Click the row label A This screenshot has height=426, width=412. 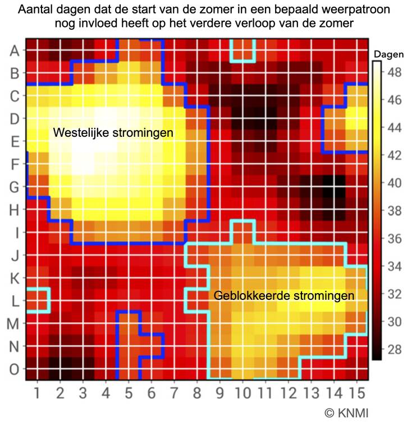(x=15, y=50)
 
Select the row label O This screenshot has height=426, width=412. (x=15, y=369)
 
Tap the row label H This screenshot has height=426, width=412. (x=15, y=210)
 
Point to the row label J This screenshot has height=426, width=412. (x=15, y=255)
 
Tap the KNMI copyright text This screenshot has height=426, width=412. (x=347, y=413)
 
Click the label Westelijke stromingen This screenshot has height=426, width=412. (x=113, y=133)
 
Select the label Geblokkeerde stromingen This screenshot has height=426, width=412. (x=283, y=295)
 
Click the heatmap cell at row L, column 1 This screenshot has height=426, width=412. (x=37, y=300)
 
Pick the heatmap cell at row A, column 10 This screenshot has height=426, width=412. (x=242, y=50)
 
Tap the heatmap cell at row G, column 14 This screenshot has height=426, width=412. (x=334, y=187)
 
